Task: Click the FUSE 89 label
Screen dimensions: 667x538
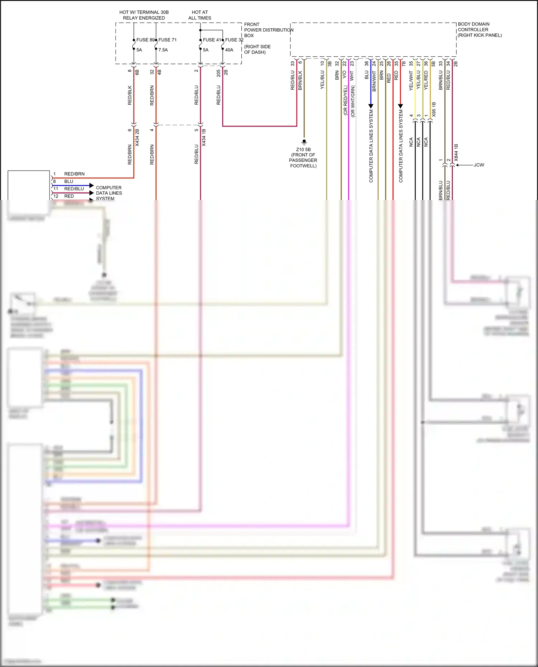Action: point(145,40)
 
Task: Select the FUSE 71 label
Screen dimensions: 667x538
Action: point(167,40)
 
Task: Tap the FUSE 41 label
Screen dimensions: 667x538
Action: point(212,40)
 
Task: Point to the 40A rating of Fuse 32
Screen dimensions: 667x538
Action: point(229,50)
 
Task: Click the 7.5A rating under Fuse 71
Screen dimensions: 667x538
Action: point(163,50)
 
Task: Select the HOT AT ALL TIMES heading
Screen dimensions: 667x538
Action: point(200,15)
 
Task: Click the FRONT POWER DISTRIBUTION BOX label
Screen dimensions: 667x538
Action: point(268,30)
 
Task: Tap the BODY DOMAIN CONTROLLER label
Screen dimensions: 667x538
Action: point(479,30)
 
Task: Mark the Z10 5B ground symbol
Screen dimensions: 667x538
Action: point(304,142)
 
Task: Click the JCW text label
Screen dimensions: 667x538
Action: point(479,165)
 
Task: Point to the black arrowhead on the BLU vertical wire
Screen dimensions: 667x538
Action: point(371,106)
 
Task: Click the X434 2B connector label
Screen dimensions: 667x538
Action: point(137,138)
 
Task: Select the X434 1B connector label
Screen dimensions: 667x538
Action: point(204,138)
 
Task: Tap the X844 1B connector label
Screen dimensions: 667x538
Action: point(456,152)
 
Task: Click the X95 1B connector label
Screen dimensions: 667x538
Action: point(434,109)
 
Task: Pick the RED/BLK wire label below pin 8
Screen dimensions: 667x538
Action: point(130,95)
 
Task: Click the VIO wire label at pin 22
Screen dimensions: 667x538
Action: point(344,75)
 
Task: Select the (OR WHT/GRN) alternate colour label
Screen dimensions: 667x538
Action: point(353,101)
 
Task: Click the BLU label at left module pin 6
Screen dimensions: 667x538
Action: point(69,181)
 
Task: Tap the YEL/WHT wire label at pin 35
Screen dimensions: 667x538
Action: point(411,81)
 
